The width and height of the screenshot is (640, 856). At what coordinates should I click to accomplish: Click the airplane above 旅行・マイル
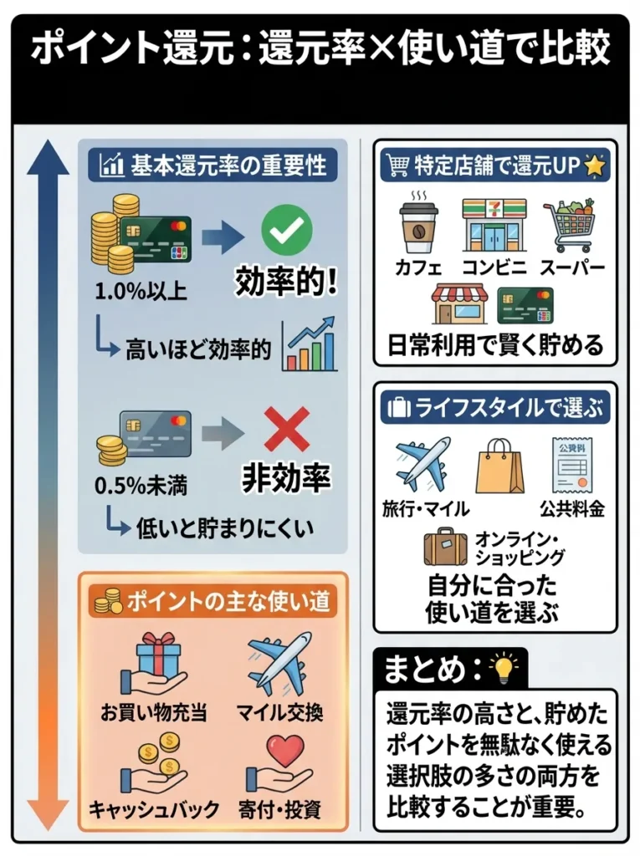pyautogui.click(x=422, y=464)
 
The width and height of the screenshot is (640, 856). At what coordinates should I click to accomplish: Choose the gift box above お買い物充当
pyautogui.click(x=157, y=657)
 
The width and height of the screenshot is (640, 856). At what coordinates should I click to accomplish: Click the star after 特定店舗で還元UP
pyautogui.click(x=594, y=166)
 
